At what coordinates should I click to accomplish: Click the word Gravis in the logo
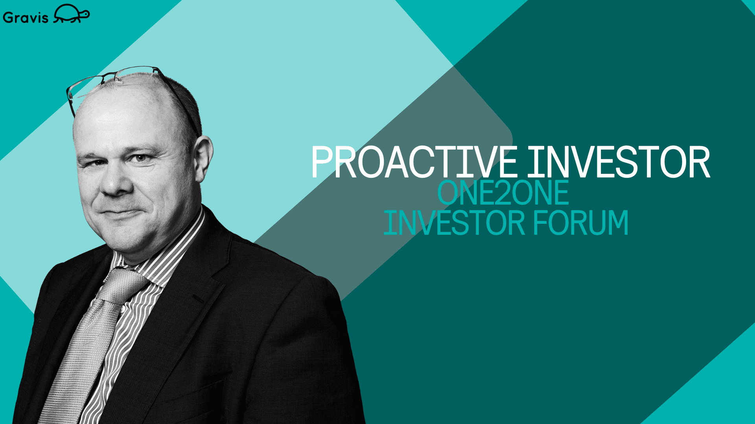pyautogui.click(x=26, y=18)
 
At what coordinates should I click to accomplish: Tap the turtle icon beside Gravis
pyautogui.click(x=72, y=14)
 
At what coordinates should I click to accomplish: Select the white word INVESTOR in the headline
pyautogui.click(x=619, y=162)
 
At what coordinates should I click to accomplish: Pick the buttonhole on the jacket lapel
pyautogui.click(x=198, y=300)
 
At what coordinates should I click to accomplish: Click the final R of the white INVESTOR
pyautogui.click(x=700, y=162)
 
